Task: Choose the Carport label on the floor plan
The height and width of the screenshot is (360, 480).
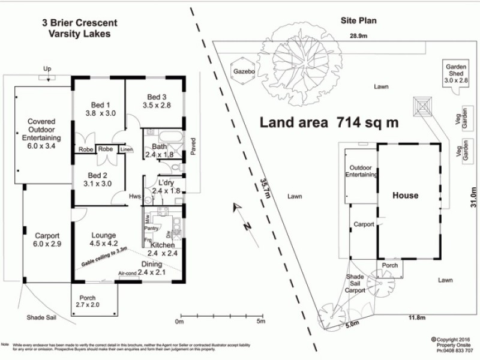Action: click(47, 235)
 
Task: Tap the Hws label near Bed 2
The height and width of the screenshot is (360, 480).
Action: click(135, 196)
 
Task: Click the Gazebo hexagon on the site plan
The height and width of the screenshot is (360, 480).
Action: click(244, 71)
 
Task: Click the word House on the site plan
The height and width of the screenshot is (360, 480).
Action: click(405, 196)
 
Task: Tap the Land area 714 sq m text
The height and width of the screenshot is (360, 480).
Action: click(329, 122)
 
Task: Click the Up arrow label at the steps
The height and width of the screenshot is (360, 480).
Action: click(47, 69)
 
